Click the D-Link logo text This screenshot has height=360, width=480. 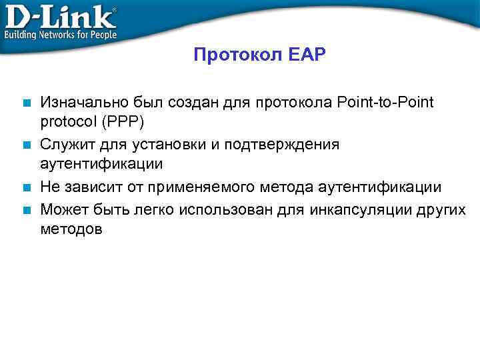60,15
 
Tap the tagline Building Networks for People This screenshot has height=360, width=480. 61,34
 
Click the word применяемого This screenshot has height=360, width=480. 205,187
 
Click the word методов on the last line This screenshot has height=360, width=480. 71,230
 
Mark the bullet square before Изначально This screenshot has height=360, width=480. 26,103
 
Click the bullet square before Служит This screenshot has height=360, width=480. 26,145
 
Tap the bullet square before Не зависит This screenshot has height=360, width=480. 26,188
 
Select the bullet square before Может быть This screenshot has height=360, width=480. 26,209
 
